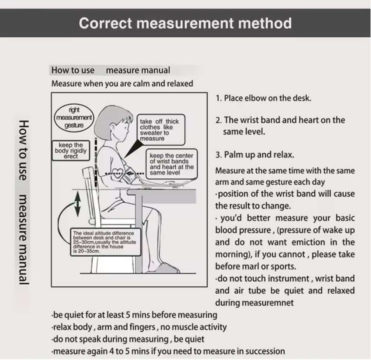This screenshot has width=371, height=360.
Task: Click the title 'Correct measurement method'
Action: [x=185, y=23]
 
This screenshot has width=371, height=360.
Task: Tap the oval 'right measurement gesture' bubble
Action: [x=74, y=117]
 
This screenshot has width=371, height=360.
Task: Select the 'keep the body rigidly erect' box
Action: [x=71, y=151]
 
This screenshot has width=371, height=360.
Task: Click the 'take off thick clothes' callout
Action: [x=161, y=130]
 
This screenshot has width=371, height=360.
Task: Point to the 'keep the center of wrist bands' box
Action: [x=172, y=164]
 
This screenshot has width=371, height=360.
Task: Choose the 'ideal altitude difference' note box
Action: [x=106, y=242]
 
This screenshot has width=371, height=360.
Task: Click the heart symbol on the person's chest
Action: [x=118, y=173]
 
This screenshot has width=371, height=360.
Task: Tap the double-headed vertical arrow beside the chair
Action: [x=77, y=204]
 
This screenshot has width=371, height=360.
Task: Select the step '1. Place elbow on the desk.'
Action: [x=264, y=98]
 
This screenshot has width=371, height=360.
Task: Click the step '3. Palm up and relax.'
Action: [x=255, y=154]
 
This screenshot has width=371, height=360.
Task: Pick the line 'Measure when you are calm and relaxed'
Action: [x=122, y=83]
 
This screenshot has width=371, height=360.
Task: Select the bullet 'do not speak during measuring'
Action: [x=128, y=339]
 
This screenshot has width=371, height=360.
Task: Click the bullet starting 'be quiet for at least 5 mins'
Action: [x=134, y=315]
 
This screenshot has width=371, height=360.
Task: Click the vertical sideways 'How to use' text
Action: [x=24, y=150]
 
